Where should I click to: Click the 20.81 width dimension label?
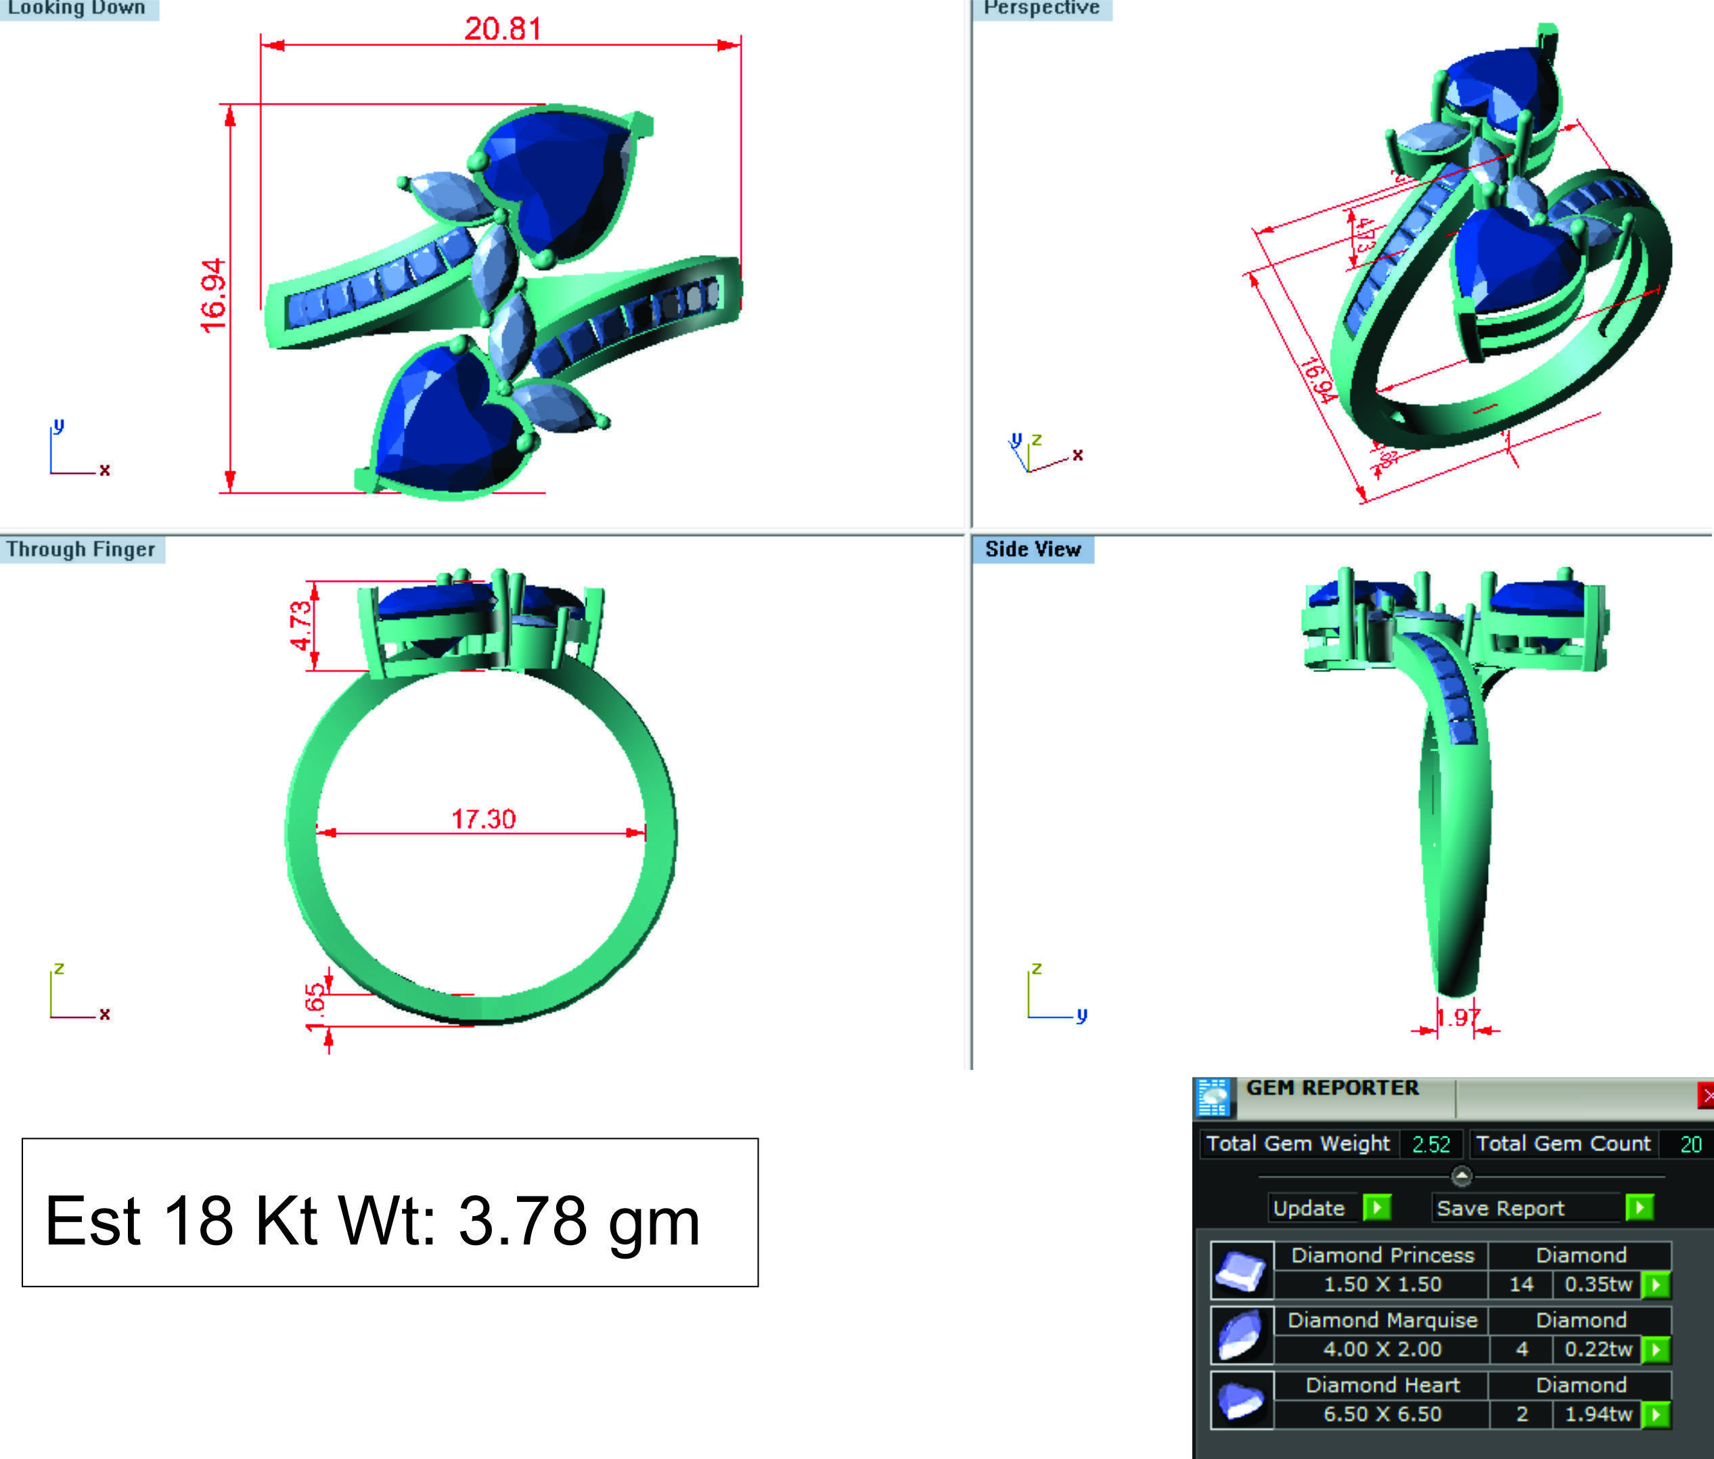502,29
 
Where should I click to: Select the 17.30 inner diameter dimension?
483,819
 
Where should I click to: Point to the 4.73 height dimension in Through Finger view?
301,625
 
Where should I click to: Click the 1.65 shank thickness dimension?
315,1008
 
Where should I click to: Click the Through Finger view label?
81,549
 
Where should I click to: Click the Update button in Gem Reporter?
1309,1209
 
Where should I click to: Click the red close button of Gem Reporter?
1705,1096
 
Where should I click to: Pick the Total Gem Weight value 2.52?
1430,1144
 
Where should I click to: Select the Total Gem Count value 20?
1690,1144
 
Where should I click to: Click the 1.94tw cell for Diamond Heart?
1598,1414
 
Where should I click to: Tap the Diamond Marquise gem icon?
1241,1334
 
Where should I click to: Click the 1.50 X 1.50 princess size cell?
1382,1284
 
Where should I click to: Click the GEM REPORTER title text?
1332,1087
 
